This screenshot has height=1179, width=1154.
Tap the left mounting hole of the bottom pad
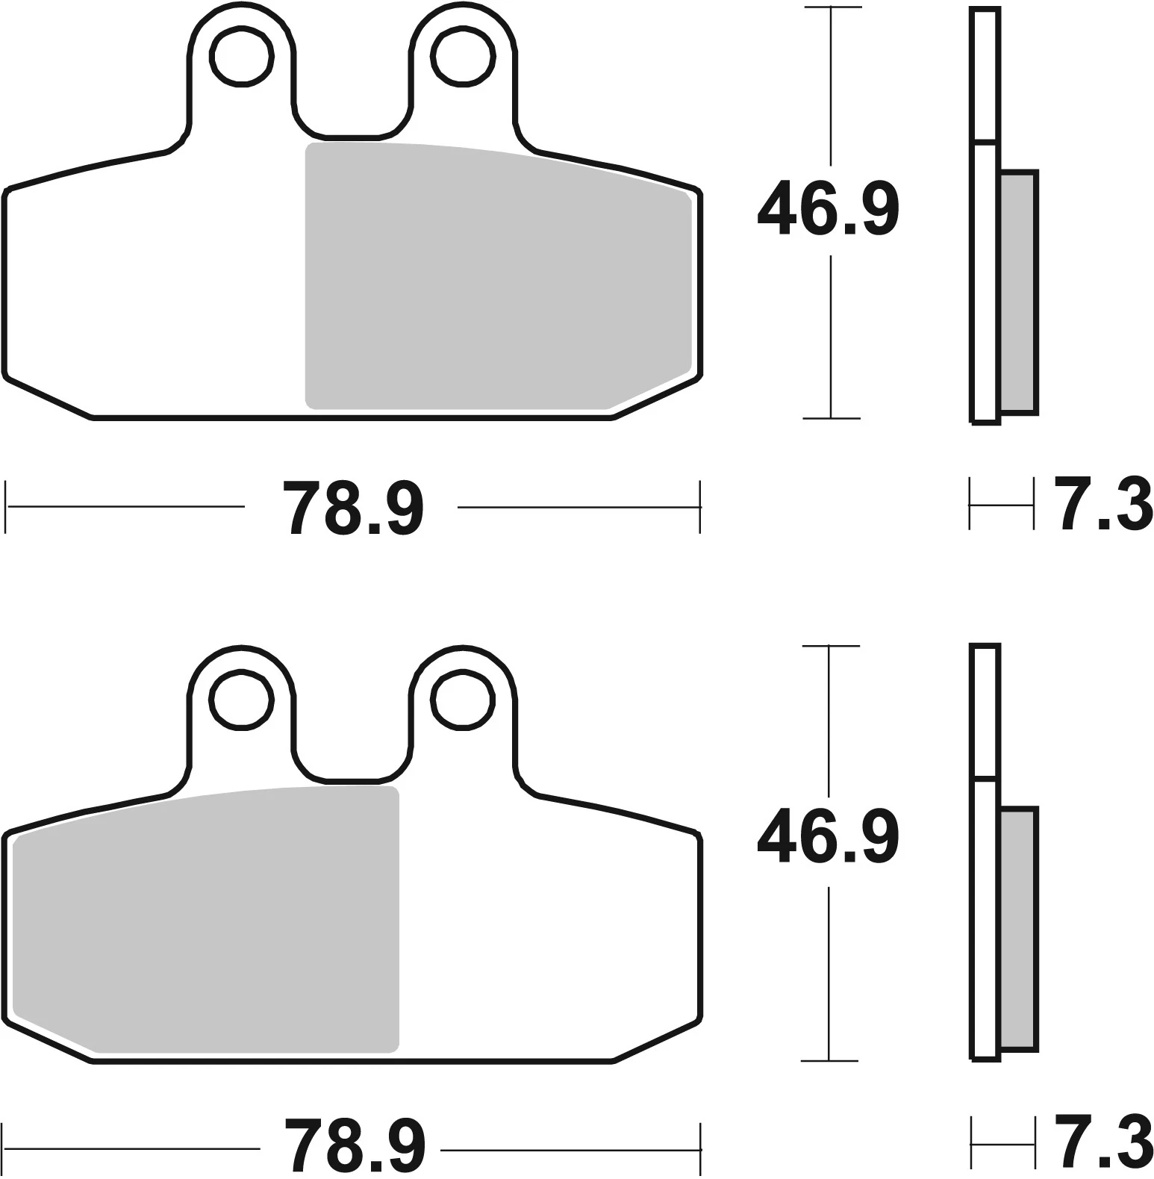(x=242, y=698)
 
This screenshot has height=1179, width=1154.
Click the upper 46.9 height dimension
(x=828, y=207)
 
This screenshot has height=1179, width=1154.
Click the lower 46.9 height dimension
(x=828, y=836)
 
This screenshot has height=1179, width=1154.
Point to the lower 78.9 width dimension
(x=354, y=1148)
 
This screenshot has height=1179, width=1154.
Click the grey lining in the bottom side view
(x=1017, y=930)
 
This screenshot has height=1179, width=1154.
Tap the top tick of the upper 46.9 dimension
(x=832, y=7)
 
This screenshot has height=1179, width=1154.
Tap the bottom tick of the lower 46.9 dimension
(x=829, y=1060)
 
